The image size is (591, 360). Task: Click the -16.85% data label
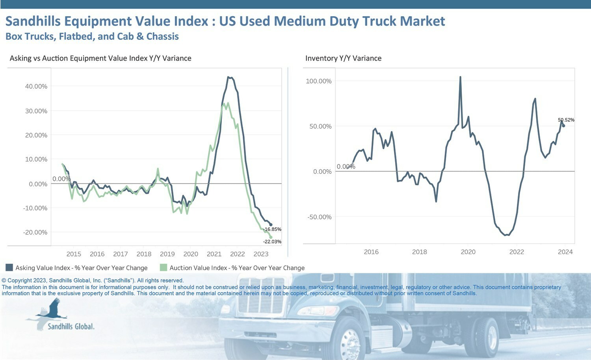[272, 229]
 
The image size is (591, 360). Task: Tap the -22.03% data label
[272, 241]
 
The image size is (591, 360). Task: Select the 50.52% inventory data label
[566, 120]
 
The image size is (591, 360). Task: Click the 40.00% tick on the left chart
[36, 87]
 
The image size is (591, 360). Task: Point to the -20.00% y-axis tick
[35, 232]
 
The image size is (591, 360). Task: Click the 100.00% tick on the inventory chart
[319, 81]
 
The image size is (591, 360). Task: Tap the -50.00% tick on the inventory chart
[320, 217]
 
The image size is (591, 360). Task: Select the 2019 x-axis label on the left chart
[167, 254]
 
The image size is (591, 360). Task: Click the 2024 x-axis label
[565, 252]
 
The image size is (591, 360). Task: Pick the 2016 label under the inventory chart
[371, 252]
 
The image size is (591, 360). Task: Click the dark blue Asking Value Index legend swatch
[9, 267]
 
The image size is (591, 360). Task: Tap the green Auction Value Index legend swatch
[164, 267]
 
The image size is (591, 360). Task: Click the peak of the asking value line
[228, 77]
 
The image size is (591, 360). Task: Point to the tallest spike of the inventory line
[461, 77]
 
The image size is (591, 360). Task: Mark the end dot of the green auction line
[271, 238]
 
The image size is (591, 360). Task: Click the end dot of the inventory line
[564, 126]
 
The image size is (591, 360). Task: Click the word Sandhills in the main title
[33, 21]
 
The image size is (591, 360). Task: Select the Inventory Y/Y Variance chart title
[343, 58]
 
